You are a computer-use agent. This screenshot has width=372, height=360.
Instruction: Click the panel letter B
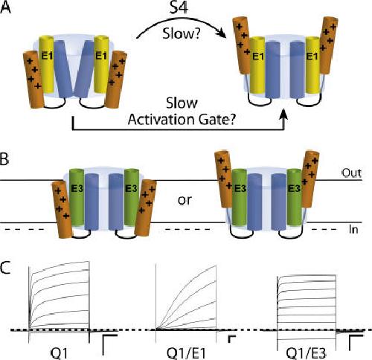(4, 159)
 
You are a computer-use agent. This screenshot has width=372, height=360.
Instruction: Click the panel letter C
(5, 268)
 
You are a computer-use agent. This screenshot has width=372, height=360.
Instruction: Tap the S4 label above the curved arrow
(179, 7)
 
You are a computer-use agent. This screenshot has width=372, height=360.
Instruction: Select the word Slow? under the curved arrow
(181, 33)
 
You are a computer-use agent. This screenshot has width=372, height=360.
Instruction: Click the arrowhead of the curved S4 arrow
(222, 34)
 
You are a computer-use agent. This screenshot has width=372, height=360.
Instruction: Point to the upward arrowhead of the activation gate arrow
(285, 115)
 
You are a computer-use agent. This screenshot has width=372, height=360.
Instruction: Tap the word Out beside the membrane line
(352, 173)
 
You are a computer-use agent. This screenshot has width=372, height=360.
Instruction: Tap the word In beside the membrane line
(353, 230)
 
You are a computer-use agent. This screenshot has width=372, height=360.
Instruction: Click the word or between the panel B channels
(185, 200)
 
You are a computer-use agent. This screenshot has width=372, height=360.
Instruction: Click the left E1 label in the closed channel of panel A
(47, 56)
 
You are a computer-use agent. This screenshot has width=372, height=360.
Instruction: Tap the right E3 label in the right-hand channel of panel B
(294, 189)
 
